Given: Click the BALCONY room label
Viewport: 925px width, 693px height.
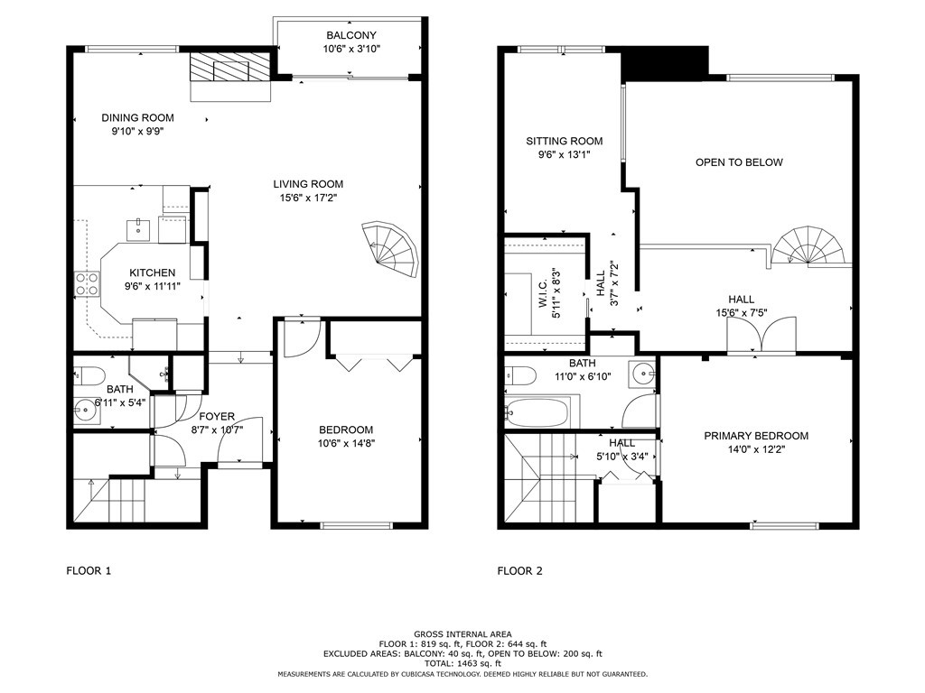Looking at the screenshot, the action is pyautogui.click(x=351, y=35).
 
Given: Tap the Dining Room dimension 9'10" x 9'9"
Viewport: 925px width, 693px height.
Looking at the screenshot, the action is pyautogui.click(x=137, y=131).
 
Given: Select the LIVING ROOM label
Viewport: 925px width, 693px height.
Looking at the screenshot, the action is pyautogui.click(x=308, y=184).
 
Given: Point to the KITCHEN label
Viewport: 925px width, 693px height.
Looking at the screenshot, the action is pyautogui.click(x=152, y=273).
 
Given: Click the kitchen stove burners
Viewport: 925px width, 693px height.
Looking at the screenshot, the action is pyautogui.click(x=86, y=284).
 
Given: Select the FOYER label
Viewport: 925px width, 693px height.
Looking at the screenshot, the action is pyautogui.click(x=217, y=416).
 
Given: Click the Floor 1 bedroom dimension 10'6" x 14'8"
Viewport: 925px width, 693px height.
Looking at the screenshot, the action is pyautogui.click(x=346, y=443).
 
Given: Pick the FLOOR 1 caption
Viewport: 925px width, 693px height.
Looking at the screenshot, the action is pyautogui.click(x=89, y=570).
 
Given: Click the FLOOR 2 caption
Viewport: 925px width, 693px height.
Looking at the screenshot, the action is pyautogui.click(x=519, y=570).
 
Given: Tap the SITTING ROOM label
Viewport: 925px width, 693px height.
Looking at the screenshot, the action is pyautogui.click(x=565, y=141).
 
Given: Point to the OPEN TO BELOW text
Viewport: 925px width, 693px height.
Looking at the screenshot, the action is pyautogui.click(x=739, y=162).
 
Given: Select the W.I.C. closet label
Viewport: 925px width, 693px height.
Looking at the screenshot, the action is pyautogui.click(x=542, y=293).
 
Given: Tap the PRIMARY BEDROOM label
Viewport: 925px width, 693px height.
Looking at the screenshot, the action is pyautogui.click(x=756, y=436).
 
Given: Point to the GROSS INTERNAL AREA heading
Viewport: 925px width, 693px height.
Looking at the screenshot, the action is pyautogui.click(x=462, y=634).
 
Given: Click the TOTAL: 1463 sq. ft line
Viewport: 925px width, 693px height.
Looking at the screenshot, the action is pyautogui.click(x=462, y=663).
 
